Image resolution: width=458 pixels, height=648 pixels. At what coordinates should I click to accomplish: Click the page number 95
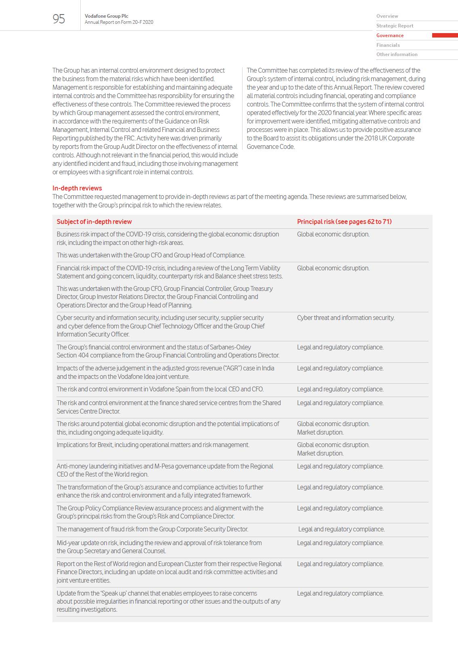(x=59, y=19)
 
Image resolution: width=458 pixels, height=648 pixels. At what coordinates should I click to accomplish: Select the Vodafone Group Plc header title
(x=107, y=16)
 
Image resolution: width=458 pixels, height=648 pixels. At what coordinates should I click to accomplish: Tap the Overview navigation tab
(x=387, y=16)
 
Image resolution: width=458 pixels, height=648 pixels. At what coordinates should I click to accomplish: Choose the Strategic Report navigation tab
(x=395, y=26)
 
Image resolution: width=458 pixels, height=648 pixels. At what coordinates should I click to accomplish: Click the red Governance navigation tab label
(x=390, y=36)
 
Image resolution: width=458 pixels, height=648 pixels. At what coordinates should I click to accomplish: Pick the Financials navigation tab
(x=388, y=45)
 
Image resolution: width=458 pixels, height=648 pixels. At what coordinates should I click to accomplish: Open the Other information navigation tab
(x=397, y=54)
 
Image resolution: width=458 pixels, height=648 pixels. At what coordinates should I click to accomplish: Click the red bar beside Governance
(x=445, y=36)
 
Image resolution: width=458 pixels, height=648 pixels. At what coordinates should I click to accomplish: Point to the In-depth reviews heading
(x=77, y=188)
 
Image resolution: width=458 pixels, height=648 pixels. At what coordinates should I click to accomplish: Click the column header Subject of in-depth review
(x=94, y=222)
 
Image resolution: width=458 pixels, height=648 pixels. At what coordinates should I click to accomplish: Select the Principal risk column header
(x=344, y=222)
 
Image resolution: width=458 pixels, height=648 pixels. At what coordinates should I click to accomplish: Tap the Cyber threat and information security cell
(x=345, y=318)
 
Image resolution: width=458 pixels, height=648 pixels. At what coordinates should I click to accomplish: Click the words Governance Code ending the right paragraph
(x=270, y=146)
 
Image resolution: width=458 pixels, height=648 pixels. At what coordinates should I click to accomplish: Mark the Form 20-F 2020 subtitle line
(x=119, y=22)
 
